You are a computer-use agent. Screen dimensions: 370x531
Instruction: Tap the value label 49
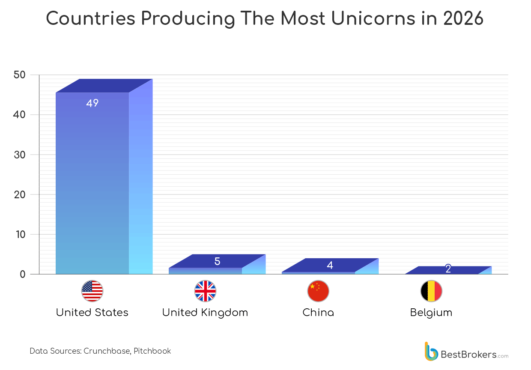[x=92, y=103]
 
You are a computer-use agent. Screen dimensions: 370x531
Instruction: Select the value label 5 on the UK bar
[x=217, y=261]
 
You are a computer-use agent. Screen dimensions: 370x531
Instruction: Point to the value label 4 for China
[x=330, y=265]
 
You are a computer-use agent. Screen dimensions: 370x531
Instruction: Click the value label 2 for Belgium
[x=448, y=269]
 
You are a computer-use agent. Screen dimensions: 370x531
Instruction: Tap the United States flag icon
[x=92, y=291]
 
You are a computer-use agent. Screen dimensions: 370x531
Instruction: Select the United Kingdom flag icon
[x=205, y=291]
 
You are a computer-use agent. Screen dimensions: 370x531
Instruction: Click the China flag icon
[x=318, y=291]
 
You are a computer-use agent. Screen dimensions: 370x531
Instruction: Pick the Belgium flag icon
[x=431, y=291]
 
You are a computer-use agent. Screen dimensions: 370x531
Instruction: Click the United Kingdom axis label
[x=205, y=313]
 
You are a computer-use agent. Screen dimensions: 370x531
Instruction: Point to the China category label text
[x=318, y=313]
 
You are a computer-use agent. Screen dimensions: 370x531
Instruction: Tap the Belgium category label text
[x=431, y=313]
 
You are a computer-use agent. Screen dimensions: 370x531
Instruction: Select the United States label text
[x=92, y=313]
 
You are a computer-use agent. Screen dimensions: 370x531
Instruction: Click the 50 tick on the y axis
[x=20, y=75]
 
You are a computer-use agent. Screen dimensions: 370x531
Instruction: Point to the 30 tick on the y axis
[x=20, y=155]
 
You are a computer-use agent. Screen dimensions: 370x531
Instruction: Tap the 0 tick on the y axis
[x=23, y=274]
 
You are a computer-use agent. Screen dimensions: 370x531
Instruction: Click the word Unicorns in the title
[x=361, y=19]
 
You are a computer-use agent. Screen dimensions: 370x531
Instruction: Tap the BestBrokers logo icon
[x=431, y=352]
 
